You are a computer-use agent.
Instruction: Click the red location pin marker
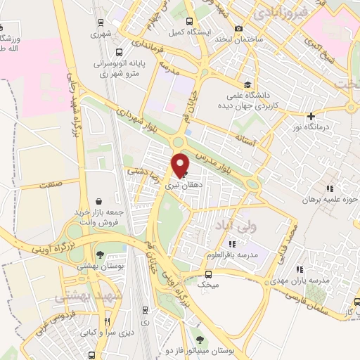[181, 165]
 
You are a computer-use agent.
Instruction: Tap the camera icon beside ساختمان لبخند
[239, 28]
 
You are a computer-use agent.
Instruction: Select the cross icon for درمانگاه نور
[311, 115]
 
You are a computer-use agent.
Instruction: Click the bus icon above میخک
[208, 274]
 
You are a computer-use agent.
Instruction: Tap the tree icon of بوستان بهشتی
[102, 254]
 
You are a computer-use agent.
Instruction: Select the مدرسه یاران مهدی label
[323, 281]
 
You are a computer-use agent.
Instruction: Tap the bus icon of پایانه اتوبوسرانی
[119, 52]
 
